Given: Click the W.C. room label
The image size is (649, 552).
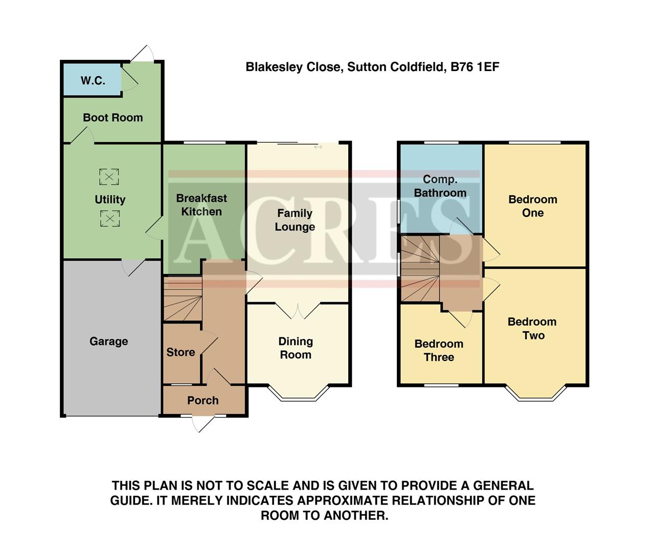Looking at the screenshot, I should (x=93, y=81).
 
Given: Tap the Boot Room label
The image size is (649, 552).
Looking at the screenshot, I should (x=113, y=118).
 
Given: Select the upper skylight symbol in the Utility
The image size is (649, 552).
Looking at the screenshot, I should (x=109, y=177).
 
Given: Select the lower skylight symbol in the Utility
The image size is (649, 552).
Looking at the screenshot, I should (x=109, y=219).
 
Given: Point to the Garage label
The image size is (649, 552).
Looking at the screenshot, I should (x=108, y=341).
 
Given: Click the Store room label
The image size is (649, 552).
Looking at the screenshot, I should (x=181, y=352).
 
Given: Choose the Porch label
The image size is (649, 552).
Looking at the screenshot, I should (x=203, y=400).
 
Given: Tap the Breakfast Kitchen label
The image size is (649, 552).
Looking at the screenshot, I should (x=202, y=205).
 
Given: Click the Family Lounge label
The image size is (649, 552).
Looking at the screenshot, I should (x=295, y=220).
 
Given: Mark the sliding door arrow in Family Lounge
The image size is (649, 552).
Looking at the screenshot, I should (x=318, y=147).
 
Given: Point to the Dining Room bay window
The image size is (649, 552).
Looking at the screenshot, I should (x=299, y=394).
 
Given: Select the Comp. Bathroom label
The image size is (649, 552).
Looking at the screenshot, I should (x=440, y=186).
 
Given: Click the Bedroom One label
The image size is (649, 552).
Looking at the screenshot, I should (x=532, y=206).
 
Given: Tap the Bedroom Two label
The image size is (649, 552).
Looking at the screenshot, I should (x=532, y=329).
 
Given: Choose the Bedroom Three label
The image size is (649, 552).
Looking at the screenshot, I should (x=439, y=351).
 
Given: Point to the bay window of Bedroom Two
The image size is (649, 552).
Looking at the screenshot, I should (x=536, y=394).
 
